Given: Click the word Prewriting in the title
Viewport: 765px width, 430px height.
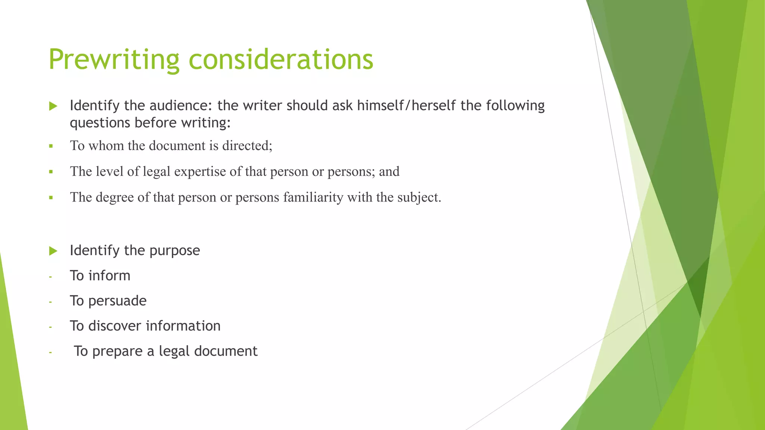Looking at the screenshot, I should [114, 60].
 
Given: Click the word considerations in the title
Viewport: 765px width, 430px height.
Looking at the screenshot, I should [281, 60].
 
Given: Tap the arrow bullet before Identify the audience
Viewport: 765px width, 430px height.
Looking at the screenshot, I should [53, 106].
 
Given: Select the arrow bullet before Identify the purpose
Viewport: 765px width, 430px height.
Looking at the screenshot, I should [53, 251].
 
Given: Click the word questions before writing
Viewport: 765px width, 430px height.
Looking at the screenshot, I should [100, 123].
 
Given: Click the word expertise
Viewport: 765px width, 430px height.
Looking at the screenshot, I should [200, 171].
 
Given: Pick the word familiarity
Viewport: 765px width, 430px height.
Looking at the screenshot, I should [313, 197].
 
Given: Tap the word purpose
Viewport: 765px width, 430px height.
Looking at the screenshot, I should [174, 250].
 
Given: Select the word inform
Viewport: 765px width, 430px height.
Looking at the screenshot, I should [109, 276].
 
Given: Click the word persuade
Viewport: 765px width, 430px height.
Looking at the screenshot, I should [117, 301].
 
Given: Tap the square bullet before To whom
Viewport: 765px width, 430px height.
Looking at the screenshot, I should [51, 146].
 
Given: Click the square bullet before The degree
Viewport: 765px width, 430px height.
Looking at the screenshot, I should [51, 197].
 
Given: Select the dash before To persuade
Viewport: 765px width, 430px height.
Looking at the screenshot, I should [50, 302].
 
